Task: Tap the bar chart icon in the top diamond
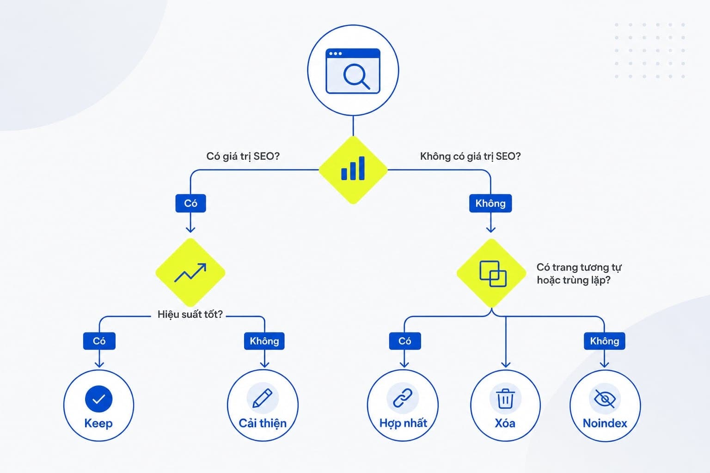point(353,168)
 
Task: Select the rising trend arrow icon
point(190,273)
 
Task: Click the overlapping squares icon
point(493,274)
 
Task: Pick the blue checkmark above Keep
point(98,399)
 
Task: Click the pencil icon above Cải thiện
point(263,398)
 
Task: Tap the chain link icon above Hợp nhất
point(403,398)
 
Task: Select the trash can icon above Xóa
point(505,399)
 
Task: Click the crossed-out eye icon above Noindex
point(605,399)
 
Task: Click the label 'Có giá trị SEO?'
point(243,156)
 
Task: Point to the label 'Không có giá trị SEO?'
point(471,156)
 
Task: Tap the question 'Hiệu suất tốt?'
point(190,314)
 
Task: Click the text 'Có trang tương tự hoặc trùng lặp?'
point(579,274)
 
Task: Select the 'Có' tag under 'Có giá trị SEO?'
point(190,203)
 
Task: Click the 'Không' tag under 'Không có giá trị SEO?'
point(490,203)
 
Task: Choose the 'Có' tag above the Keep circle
point(99,341)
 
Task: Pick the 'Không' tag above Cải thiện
point(264,341)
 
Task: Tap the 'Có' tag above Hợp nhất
point(405,341)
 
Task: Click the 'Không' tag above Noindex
point(605,341)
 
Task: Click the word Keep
point(98,424)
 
